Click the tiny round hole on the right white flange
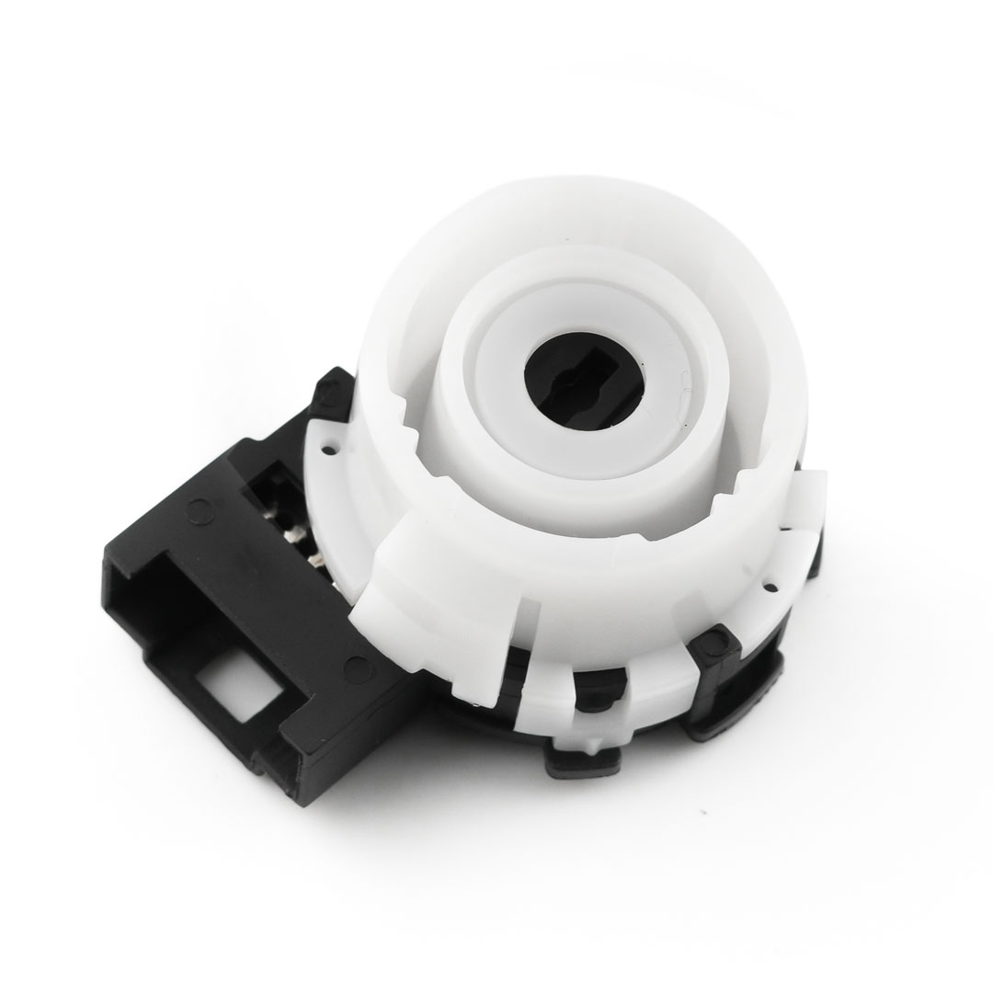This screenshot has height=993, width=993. click(x=764, y=582)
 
